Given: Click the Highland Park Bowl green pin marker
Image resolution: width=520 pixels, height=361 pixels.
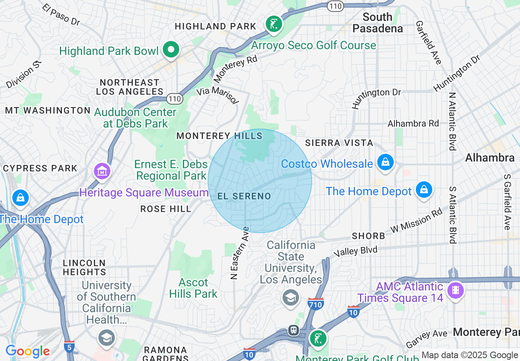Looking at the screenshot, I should tap(171, 50).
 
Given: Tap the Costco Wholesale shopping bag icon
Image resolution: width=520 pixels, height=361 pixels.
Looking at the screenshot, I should tap(385, 162).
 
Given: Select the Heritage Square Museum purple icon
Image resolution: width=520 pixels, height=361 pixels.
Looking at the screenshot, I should tap(102, 171).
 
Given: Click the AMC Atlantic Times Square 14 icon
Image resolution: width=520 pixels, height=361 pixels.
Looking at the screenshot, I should tap(455, 290).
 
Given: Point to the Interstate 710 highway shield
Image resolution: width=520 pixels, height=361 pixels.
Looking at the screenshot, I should tap(315, 304).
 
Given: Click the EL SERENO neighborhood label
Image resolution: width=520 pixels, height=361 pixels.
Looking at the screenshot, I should tap(244, 196).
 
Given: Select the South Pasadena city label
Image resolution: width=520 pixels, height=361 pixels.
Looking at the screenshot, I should tap(377, 23).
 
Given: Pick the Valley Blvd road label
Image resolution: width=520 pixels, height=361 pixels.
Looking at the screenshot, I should tap(355, 251).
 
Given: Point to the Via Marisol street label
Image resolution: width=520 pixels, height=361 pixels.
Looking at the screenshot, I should tap(218, 95).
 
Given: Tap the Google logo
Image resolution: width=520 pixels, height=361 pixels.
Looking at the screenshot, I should tap(27, 351).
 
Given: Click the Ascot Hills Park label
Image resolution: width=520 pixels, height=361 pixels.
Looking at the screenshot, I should tap(193, 288).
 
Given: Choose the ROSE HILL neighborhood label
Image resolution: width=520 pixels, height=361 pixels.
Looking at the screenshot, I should tap(166, 209).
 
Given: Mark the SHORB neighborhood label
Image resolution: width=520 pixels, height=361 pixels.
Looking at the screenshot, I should tap(368, 236).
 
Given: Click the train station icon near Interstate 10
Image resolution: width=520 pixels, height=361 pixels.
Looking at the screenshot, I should tap(294, 330).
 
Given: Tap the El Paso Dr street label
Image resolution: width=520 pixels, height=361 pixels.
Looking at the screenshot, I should tap(62, 15).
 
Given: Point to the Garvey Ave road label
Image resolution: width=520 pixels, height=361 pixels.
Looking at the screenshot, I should tap(426, 339).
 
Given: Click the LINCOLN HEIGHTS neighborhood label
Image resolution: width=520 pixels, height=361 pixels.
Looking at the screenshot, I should tap(84, 267).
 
